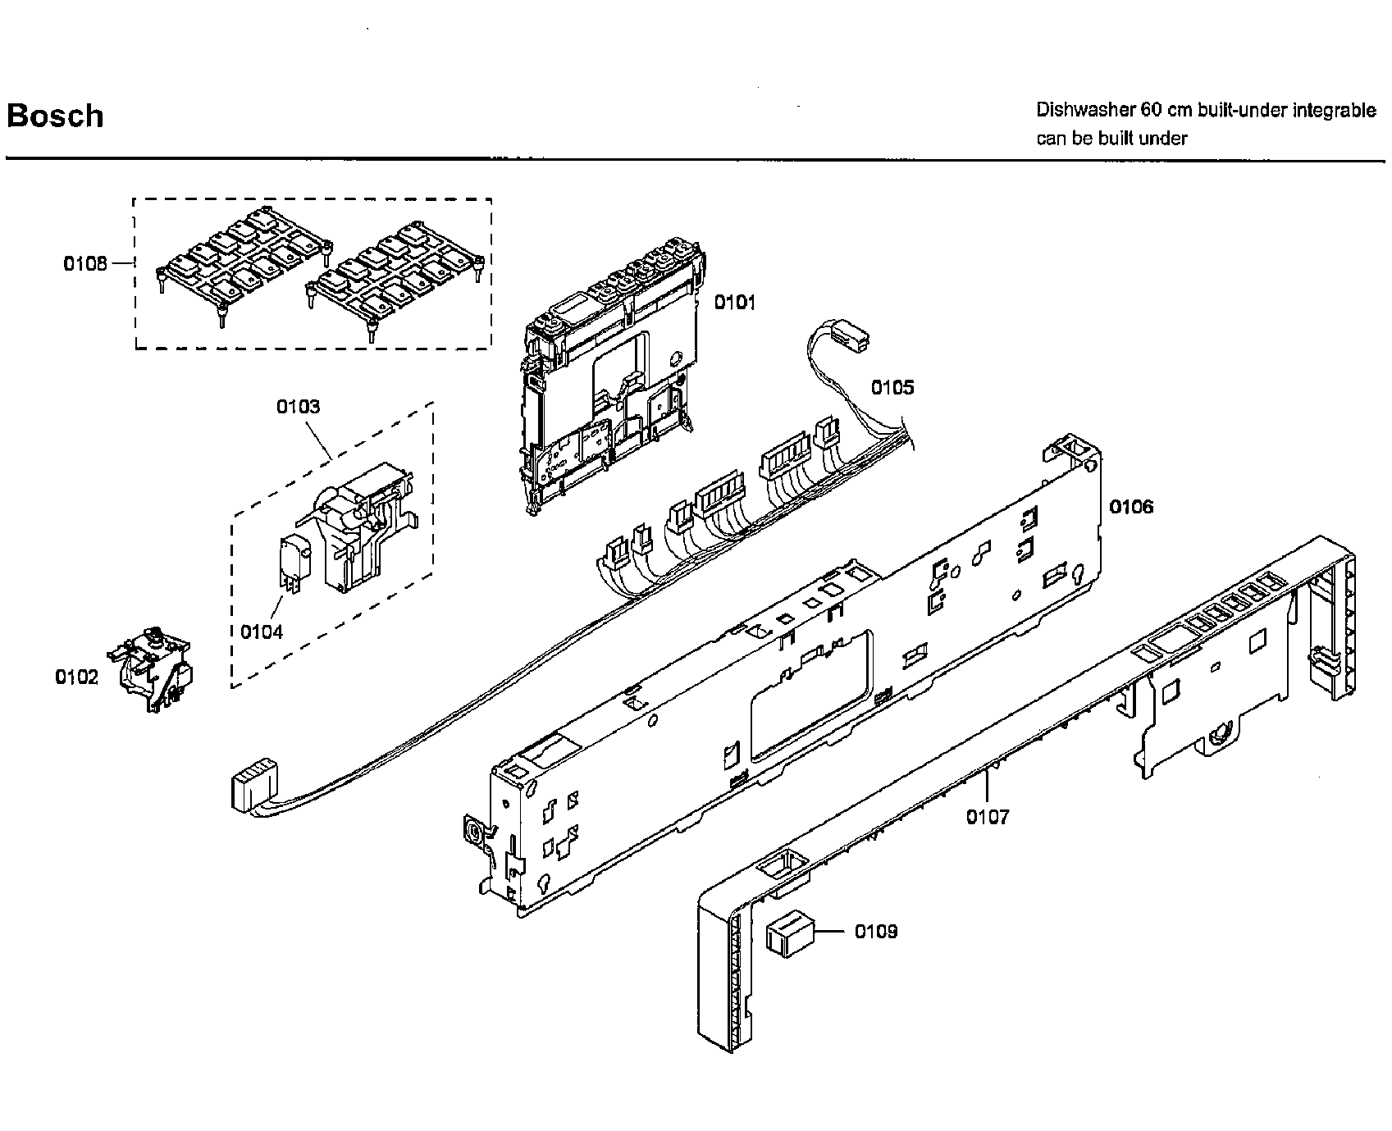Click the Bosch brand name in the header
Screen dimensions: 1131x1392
click(55, 116)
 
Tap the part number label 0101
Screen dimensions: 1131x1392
click(734, 303)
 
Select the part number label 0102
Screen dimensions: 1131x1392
click(76, 677)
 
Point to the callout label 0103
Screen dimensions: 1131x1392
click(298, 407)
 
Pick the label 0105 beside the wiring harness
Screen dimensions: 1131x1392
click(892, 387)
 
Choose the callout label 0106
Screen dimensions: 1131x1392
click(1131, 507)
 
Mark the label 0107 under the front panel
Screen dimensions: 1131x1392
click(988, 817)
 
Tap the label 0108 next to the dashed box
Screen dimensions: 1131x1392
click(85, 263)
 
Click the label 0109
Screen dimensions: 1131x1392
click(876, 932)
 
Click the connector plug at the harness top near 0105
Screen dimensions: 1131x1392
click(851, 335)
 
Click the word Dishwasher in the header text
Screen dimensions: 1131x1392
click(1079, 110)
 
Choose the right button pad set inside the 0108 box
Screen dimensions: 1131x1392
click(394, 276)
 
